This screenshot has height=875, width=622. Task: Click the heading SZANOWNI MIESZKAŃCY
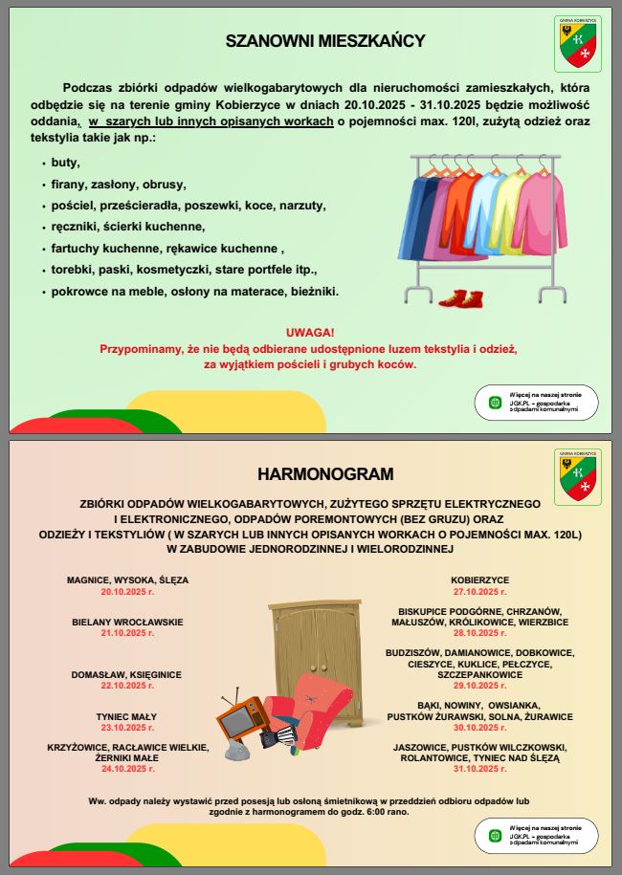(x=324, y=41)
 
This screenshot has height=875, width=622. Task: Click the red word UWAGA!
(x=309, y=332)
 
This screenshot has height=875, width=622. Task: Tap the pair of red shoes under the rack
(x=461, y=299)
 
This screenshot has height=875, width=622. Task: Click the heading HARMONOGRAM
(x=324, y=474)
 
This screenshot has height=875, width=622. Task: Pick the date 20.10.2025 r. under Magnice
(x=127, y=592)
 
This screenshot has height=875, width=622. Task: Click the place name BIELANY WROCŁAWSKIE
(x=127, y=622)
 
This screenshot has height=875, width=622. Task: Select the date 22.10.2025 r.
(x=127, y=686)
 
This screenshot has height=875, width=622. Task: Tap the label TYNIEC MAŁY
(x=127, y=716)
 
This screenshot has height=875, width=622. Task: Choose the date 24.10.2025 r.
(x=127, y=768)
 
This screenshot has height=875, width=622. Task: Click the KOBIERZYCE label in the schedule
(x=479, y=580)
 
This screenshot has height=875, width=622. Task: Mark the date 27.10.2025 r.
(x=479, y=592)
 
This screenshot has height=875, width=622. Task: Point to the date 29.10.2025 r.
(x=479, y=686)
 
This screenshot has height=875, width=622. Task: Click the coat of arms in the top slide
(x=577, y=45)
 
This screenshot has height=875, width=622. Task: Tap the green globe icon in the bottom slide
(x=495, y=836)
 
